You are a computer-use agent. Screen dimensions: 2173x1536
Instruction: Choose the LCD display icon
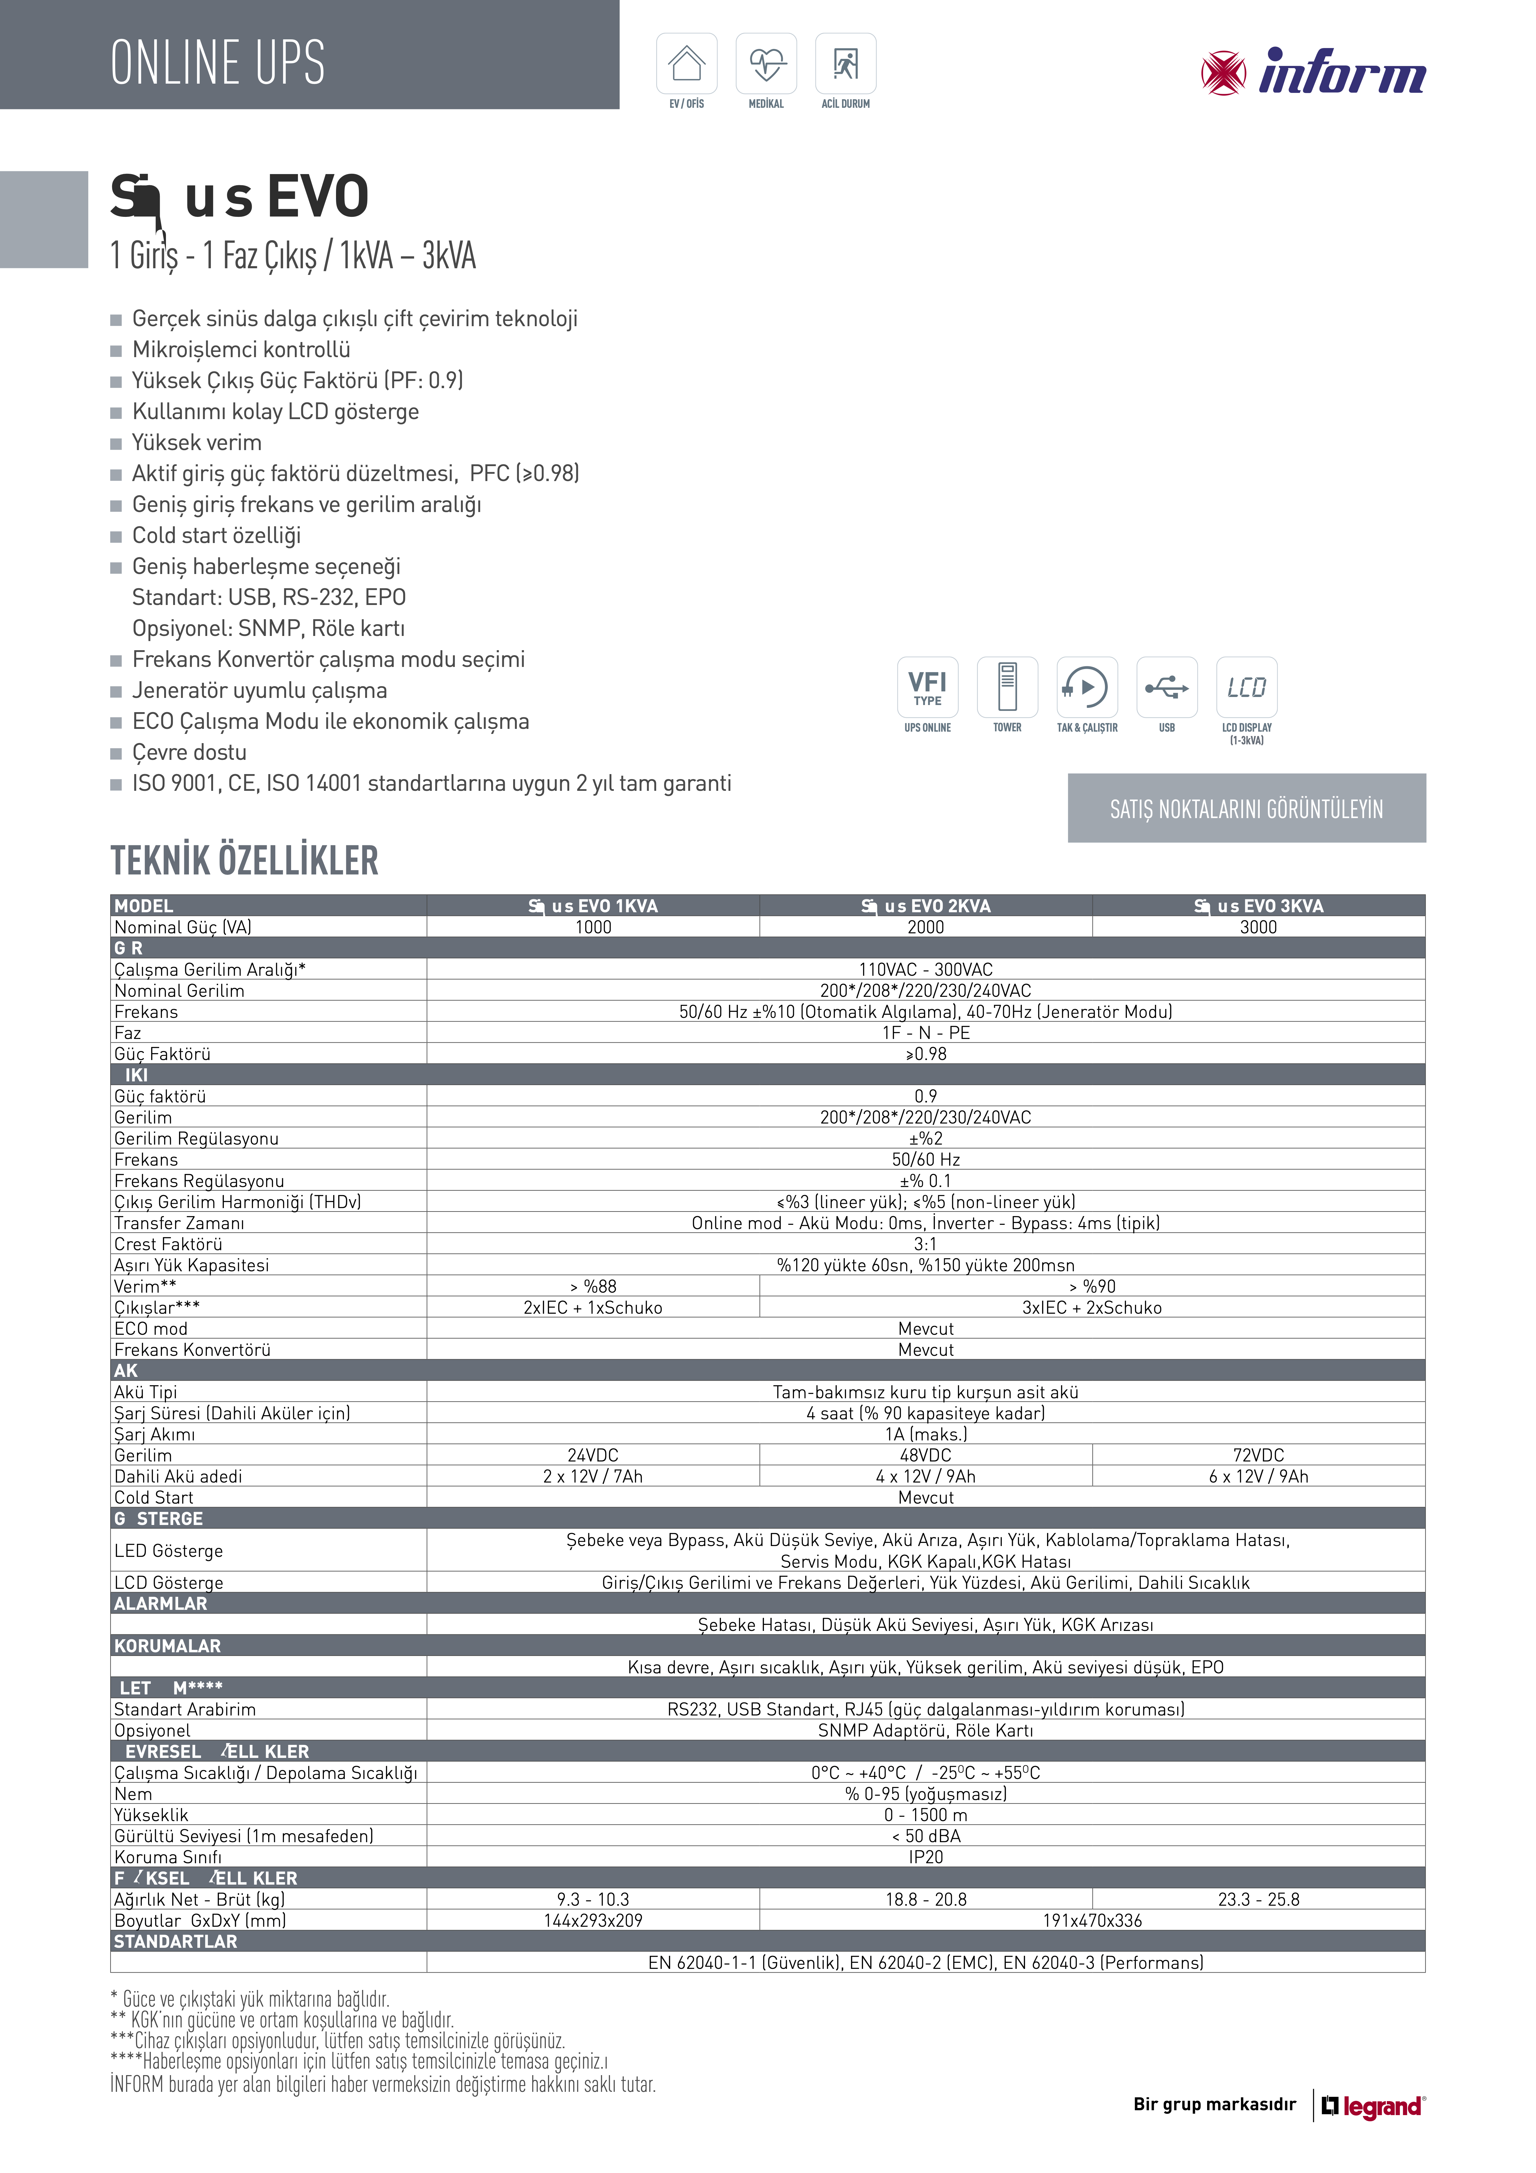tap(1246, 687)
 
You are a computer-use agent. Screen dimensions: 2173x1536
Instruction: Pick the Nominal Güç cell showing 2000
tap(926, 927)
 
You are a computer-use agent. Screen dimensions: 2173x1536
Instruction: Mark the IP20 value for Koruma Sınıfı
tap(926, 1857)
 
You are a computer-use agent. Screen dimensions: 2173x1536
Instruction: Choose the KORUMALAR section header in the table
tap(168, 1646)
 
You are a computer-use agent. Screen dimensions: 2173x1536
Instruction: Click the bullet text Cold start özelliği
tap(217, 536)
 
